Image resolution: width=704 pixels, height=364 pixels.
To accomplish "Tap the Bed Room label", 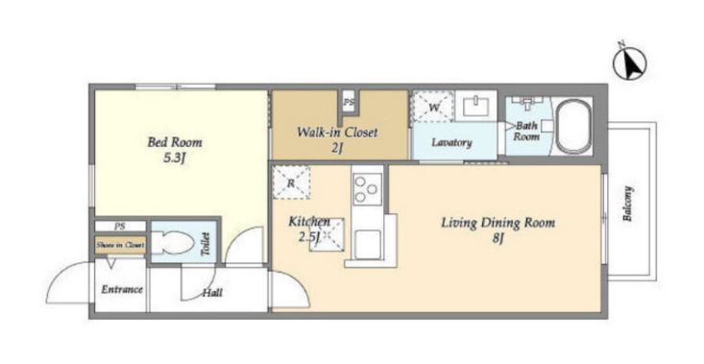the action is pos(175,143).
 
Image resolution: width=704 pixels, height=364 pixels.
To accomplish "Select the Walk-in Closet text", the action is pos(337,133).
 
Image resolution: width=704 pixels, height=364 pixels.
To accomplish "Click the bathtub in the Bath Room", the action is pos(573,126).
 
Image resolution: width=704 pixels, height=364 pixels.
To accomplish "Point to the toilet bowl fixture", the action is pos(172,243).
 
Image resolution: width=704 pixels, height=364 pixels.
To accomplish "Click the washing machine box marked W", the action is pos(433,107).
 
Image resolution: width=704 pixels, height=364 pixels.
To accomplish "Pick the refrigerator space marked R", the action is pos(291,182).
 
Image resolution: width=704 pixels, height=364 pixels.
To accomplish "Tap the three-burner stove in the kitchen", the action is pos(367,189).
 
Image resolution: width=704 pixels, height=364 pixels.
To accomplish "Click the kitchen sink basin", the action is pos(368,245).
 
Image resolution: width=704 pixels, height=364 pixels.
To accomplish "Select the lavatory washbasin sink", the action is pos(476,106).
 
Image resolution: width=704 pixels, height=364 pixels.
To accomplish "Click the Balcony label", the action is pos(627,204).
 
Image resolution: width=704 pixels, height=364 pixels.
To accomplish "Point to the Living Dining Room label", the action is pos(498,223).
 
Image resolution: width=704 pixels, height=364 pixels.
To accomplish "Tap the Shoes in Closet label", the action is pos(120,246).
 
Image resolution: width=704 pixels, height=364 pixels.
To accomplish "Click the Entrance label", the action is pos(122,289).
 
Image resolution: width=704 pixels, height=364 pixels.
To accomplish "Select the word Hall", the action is pos(212,293).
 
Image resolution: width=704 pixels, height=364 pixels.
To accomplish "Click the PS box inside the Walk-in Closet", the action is pos(349,103).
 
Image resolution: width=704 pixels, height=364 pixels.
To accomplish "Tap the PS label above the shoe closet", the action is pos(119,227).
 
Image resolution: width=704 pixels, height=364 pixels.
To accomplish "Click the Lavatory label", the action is pos(451,143).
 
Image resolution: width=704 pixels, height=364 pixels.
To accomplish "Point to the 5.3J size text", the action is pos(174,158).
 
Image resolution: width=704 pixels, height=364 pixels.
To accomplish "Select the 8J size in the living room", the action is pos(497,239).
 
